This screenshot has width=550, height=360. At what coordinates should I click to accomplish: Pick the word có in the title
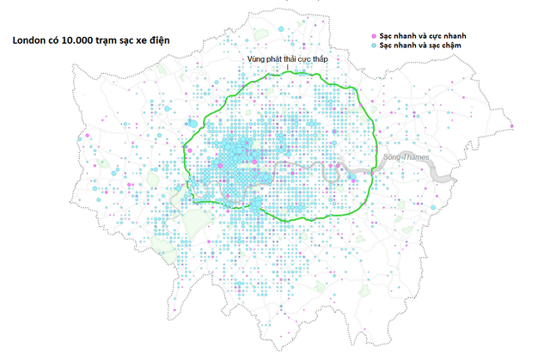tap(53, 40)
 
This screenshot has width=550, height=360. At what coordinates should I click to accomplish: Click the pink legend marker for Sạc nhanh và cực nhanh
tap(374, 35)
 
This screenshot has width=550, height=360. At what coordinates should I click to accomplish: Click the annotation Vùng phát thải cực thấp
tap(287, 58)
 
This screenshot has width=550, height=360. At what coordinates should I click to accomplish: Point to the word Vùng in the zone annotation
tap(254, 58)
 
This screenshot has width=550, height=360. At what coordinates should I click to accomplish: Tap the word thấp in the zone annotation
tap(320, 58)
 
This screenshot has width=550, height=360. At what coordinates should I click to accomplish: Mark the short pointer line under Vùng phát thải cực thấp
tap(288, 67)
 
